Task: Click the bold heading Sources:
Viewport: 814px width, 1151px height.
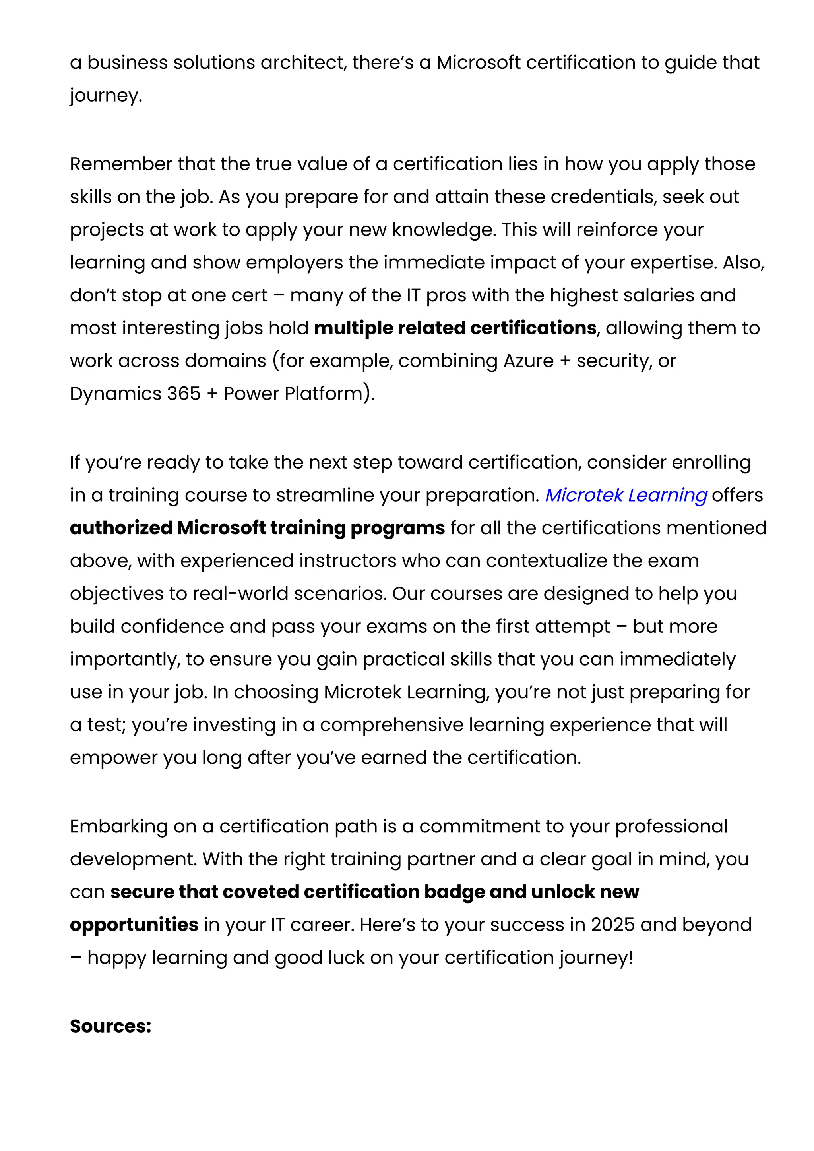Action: (110, 1026)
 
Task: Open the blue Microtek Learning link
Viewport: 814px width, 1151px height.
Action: (626, 495)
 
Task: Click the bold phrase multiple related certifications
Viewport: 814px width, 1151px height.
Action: (455, 328)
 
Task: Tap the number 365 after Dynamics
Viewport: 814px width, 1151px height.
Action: (184, 394)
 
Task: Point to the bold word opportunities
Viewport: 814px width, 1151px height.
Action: (134, 925)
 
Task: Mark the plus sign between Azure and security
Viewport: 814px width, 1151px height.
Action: (565, 361)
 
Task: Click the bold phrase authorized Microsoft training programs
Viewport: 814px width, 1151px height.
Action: (257, 528)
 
